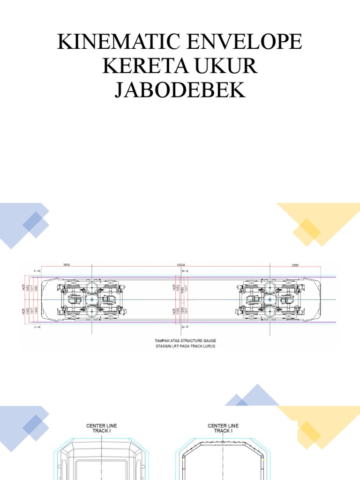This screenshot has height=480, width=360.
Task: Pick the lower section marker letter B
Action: coord(187,327)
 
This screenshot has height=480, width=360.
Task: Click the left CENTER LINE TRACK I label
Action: coord(101,428)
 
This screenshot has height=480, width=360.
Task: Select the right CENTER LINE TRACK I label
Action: coord(223,428)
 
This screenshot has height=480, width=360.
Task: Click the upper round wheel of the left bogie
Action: coord(92,287)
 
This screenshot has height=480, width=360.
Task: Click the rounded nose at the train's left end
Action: coord(43,299)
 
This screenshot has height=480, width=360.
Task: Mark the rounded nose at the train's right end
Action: coord(319,299)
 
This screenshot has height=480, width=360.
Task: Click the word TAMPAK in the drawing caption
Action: coord(162,341)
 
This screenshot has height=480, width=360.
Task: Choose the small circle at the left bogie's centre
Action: coord(92,299)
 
